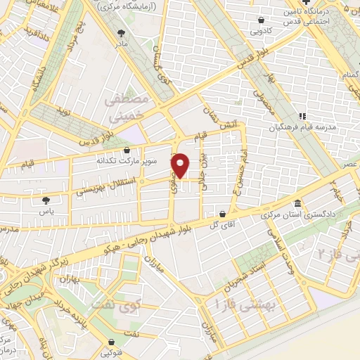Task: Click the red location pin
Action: coord(181,165)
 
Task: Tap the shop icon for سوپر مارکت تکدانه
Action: coord(127,150)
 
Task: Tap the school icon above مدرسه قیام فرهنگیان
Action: coord(302,117)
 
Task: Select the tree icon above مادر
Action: coord(122,32)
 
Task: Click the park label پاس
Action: coord(46,210)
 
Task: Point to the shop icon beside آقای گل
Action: coord(223,214)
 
